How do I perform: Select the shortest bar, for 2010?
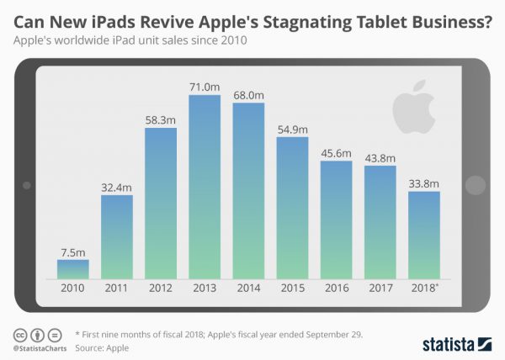pos(73,269)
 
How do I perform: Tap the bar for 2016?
pos(336,220)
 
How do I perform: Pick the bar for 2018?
pos(423,236)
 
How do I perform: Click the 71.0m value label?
pos(205,86)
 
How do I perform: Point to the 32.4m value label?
pos(117,187)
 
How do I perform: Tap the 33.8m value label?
pos(423,183)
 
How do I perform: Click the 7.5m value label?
pos(73,251)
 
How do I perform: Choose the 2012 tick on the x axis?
pos(161,288)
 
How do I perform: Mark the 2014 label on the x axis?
pos(248,288)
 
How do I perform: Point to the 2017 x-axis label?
pos(380,288)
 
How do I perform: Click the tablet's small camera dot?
pos(27,184)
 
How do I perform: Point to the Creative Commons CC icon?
pos(19,333)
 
